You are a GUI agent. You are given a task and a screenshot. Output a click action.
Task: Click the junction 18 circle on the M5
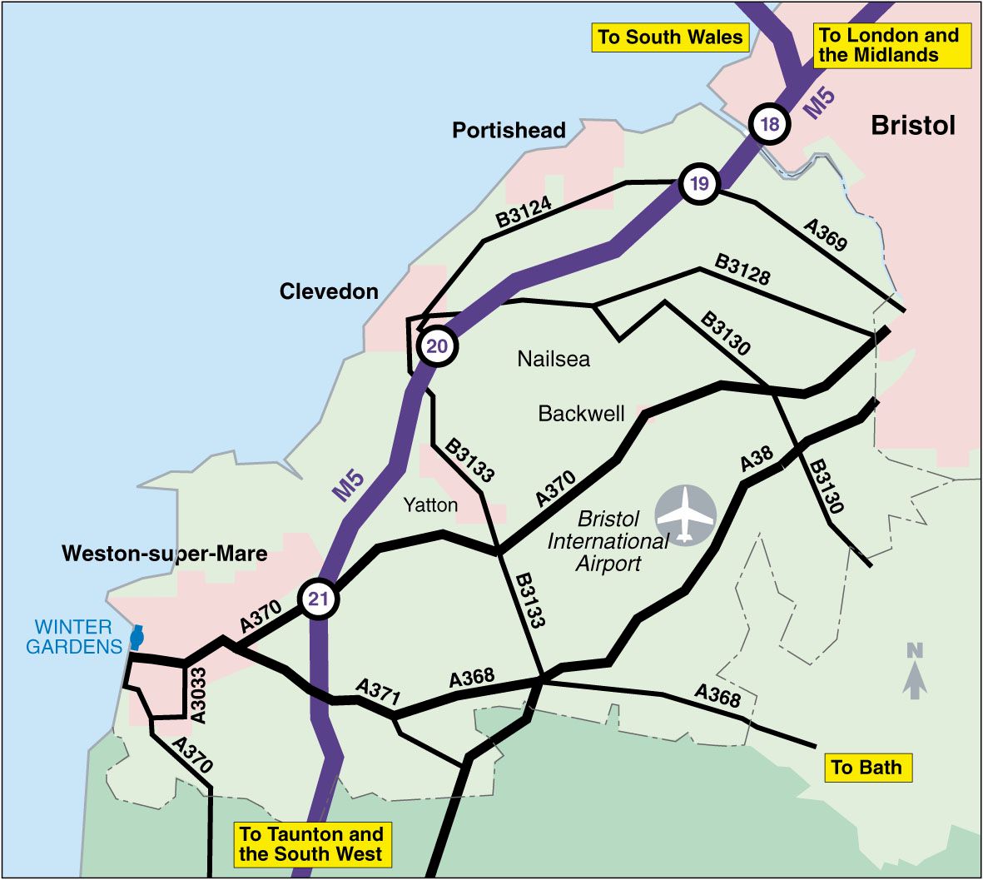pos(769,125)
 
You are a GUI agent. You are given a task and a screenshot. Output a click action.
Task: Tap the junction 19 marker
pos(699,184)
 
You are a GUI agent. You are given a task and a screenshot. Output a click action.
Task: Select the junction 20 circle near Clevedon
pos(437,346)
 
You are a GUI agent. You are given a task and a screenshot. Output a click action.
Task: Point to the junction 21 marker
pos(318,599)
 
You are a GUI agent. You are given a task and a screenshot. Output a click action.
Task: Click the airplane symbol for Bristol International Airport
pos(685,515)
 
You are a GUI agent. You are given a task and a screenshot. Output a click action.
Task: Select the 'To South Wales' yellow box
pos(670,37)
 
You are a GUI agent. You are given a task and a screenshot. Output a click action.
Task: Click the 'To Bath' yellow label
pos(866,768)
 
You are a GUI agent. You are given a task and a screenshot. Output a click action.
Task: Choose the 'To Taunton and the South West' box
pos(311,844)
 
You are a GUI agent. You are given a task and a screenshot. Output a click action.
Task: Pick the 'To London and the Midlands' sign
pos(889,46)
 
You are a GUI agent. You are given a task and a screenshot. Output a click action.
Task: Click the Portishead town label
pos(509,131)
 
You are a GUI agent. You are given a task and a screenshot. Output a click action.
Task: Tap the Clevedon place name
pos(329,292)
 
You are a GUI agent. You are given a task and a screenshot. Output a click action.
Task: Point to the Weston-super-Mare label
pos(165,554)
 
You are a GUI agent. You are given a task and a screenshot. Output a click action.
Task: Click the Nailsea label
pos(554,359)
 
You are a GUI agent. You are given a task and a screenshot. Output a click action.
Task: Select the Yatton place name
pos(430,505)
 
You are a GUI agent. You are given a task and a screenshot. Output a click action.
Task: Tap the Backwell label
pos(581,414)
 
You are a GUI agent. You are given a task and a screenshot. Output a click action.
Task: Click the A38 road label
pos(757,460)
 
